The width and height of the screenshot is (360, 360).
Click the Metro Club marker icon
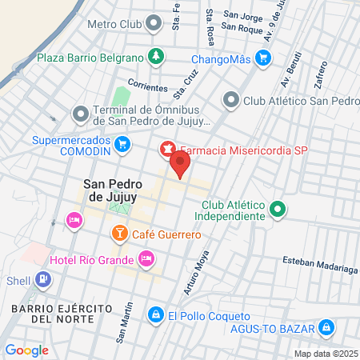(x=153, y=24)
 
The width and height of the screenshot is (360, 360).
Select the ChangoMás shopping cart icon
(x=262, y=58)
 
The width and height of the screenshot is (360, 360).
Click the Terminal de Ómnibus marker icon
(x=80, y=114)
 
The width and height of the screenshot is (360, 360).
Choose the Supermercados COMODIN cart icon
(x=122, y=144)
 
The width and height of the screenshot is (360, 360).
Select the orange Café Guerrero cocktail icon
(x=118, y=234)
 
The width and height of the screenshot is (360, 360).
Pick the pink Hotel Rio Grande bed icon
(x=146, y=258)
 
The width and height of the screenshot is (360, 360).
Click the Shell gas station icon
(x=42, y=280)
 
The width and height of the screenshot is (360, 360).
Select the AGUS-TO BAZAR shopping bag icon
(x=326, y=327)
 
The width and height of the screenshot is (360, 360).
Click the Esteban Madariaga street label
(x=320, y=265)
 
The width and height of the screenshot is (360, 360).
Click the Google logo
(x=26, y=350)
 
